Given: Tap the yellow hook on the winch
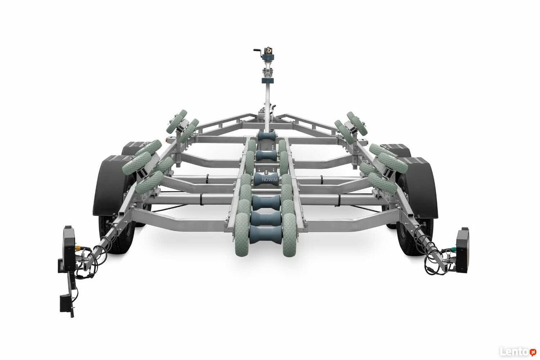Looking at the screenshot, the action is (x=270, y=50).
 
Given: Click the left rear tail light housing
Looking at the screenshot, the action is (x=69, y=248).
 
